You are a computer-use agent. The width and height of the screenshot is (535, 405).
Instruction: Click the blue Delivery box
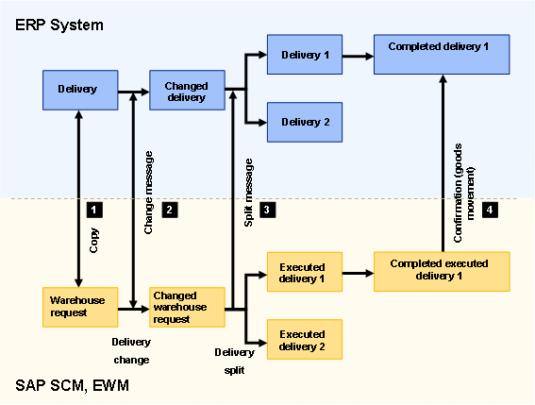pyautogui.click(x=78, y=90)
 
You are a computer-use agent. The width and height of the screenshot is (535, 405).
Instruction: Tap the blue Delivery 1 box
pyautogui.click(x=304, y=56)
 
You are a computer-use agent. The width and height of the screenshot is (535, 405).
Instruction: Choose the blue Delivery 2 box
pyautogui.click(x=304, y=121)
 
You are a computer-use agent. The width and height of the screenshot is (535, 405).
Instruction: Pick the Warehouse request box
pyautogui.click(x=78, y=305)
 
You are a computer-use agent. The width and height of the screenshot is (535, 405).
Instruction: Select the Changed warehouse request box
pyautogui.click(x=186, y=307)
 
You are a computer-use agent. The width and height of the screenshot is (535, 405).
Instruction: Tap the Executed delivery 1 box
pyautogui.click(x=304, y=273)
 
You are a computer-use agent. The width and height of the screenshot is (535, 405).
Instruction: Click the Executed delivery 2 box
pyautogui.click(x=304, y=340)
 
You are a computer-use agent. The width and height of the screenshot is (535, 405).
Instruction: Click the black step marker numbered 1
pyautogui.click(x=92, y=209)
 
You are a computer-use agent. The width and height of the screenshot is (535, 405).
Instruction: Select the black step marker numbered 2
pyautogui.click(x=170, y=209)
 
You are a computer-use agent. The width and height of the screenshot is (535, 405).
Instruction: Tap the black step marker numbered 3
pyautogui.click(x=267, y=209)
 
